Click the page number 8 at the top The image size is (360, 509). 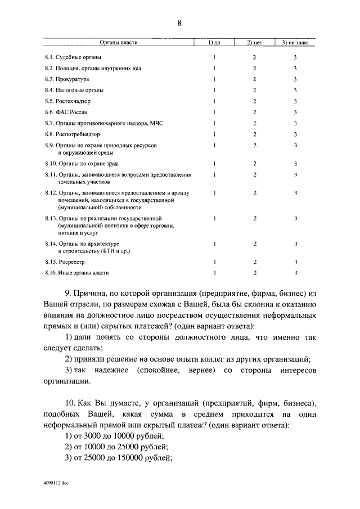(x=179, y=23)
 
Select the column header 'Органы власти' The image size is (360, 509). (x=119, y=43)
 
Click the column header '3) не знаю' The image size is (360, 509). (x=295, y=43)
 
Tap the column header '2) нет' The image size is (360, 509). (x=254, y=43)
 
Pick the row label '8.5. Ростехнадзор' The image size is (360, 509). (x=68, y=101)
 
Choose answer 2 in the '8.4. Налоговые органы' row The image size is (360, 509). (x=254, y=90)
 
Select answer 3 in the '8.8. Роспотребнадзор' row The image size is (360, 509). (x=295, y=134)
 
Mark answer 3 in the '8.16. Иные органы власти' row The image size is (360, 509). (x=295, y=273)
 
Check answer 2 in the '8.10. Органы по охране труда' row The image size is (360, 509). (x=254, y=164)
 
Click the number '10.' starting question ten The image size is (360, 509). (x=72, y=404)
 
